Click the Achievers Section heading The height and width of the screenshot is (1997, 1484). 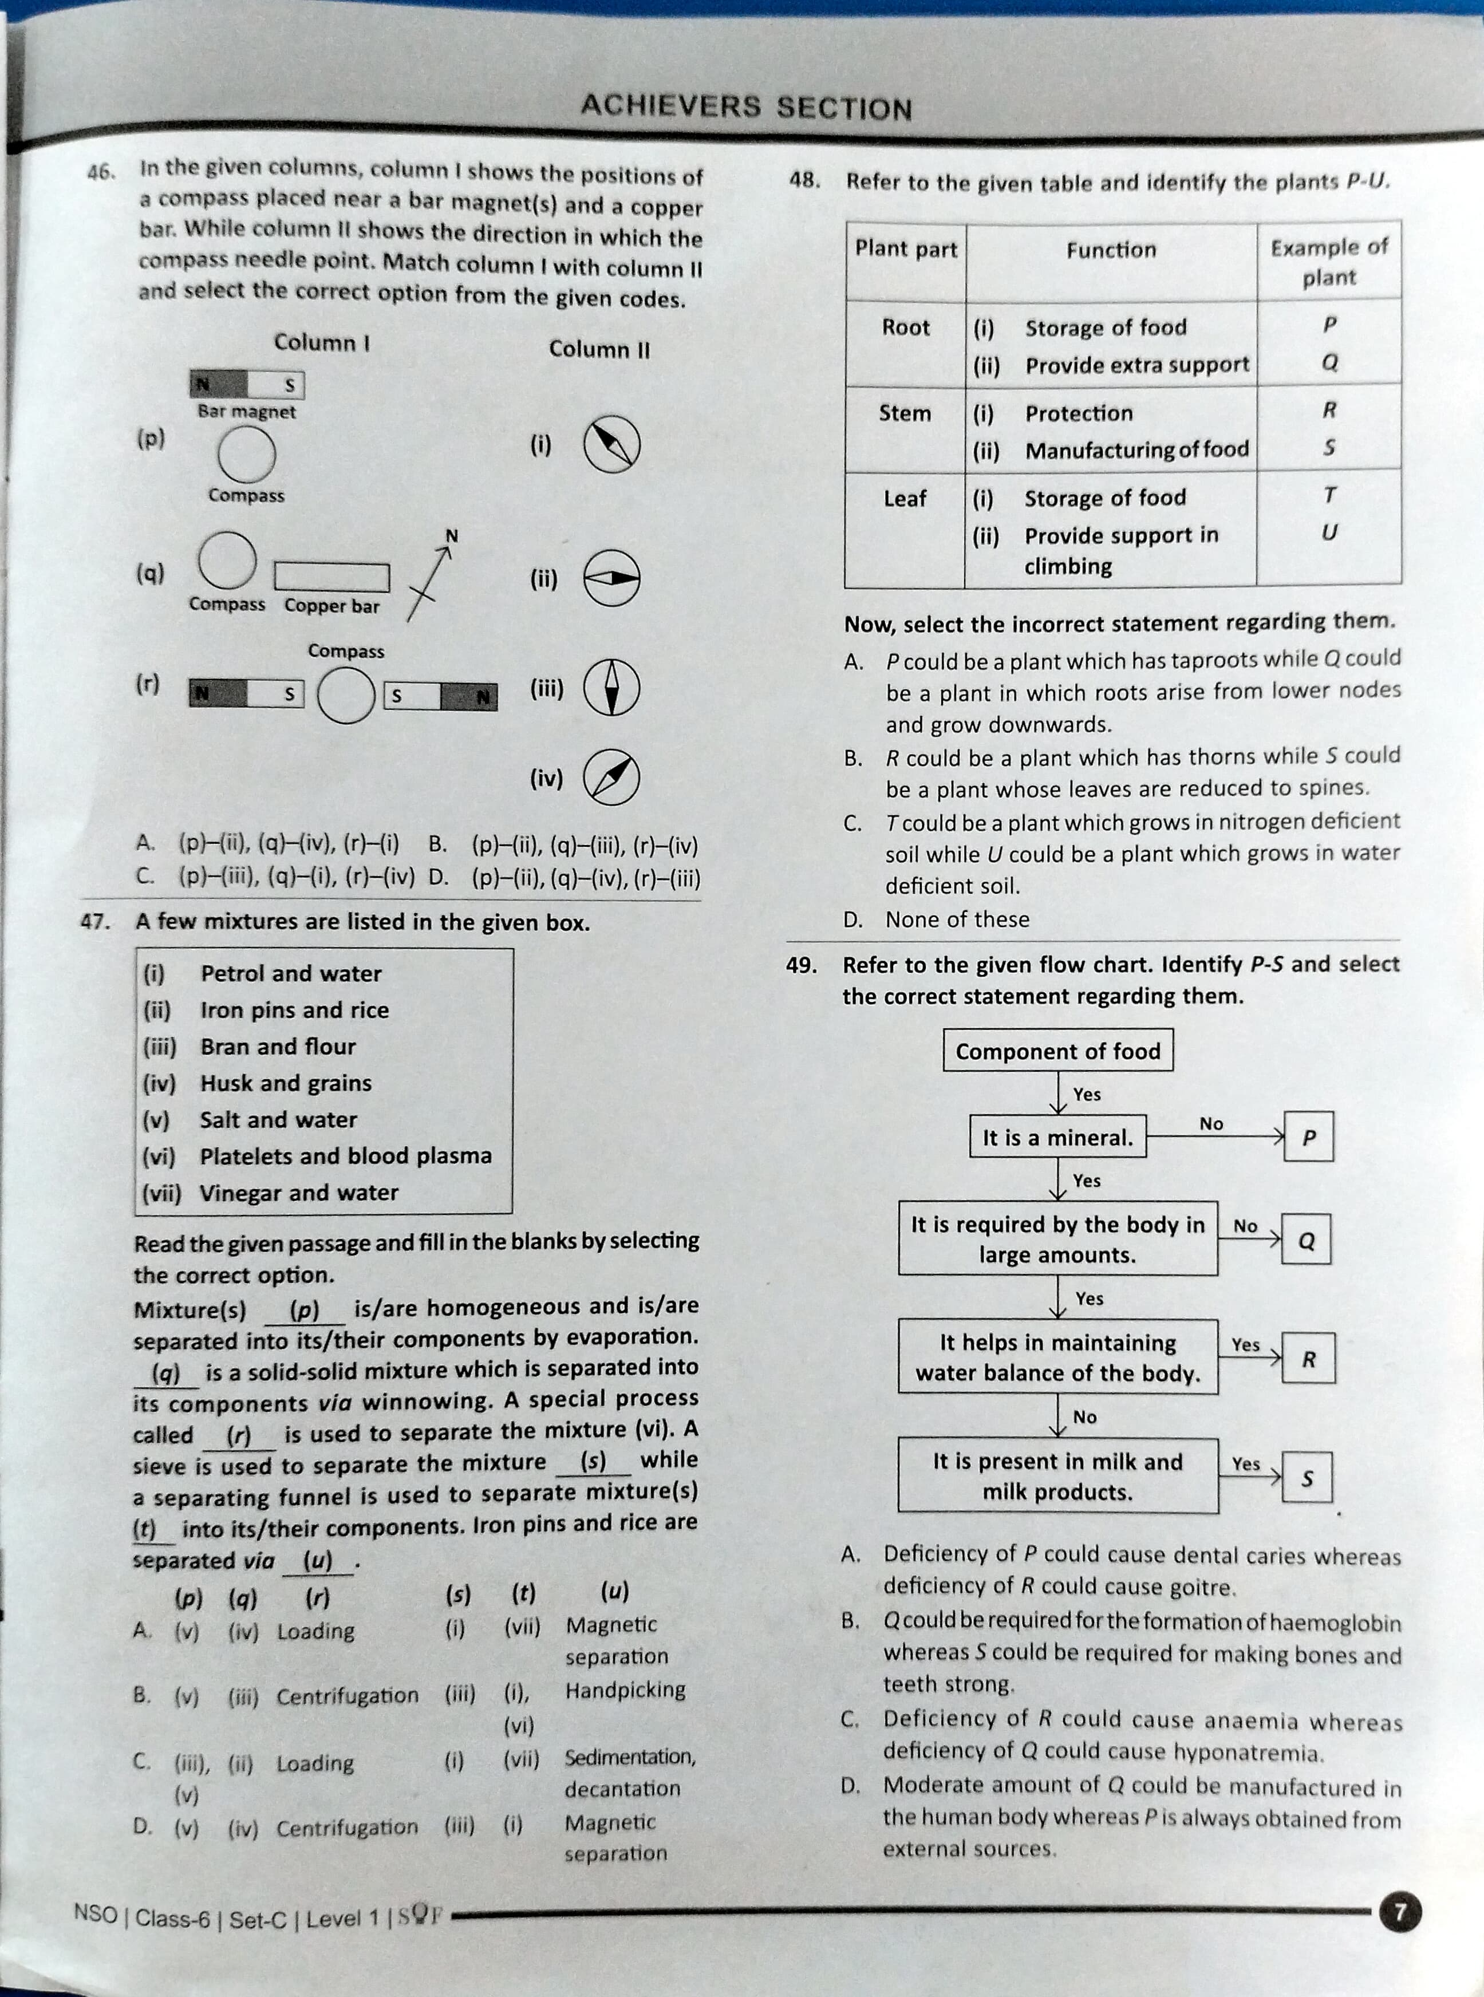[745, 108]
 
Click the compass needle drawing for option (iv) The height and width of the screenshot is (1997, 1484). [611, 776]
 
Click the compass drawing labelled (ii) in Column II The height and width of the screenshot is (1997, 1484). [611, 578]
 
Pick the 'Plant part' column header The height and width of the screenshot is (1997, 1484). [906, 249]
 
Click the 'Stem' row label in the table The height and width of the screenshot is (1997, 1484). [905, 413]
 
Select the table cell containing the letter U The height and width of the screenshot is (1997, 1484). [1329, 532]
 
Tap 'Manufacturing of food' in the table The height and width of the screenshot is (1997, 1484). [1136, 450]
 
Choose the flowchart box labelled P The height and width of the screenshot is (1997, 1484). [1308, 1137]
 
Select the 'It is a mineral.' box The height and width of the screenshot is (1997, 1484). [1057, 1137]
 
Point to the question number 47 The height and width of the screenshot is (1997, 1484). [94, 921]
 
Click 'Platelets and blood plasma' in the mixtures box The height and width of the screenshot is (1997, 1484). [345, 1156]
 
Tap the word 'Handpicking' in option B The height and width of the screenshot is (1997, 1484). [625, 1690]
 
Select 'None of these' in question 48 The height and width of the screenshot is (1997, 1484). [957, 919]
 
